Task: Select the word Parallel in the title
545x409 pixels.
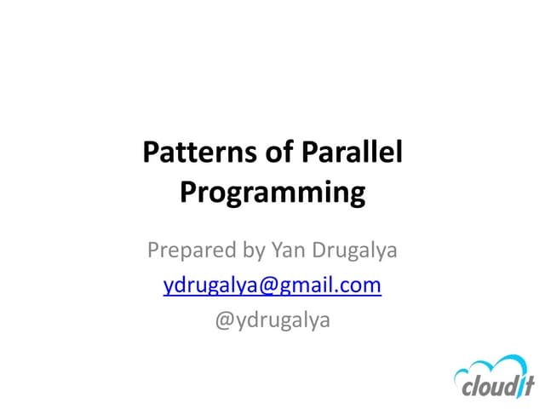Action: point(352,153)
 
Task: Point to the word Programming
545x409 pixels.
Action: point(272,193)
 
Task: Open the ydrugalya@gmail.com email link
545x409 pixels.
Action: point(272,285)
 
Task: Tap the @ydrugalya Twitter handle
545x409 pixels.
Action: point(272,321)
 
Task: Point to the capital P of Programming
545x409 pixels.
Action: point(188,193)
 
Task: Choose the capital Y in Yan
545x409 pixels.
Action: point(277,251)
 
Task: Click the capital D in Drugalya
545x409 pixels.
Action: point(320,251)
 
